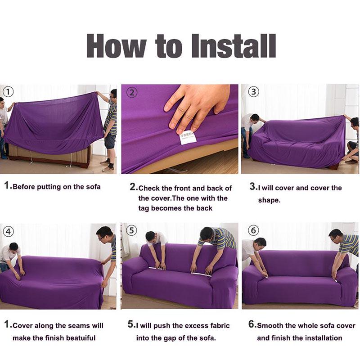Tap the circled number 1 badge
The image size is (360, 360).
[9, 92]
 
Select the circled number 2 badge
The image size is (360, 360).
[131, 93]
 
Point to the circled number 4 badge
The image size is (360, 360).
[9, 232]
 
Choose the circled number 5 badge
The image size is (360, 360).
[131, 231]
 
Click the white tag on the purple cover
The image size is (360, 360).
[188, 137]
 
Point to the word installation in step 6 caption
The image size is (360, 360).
[320, 337]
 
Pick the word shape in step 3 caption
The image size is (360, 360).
[269, 200]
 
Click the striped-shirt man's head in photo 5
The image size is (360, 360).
[207, 234]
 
